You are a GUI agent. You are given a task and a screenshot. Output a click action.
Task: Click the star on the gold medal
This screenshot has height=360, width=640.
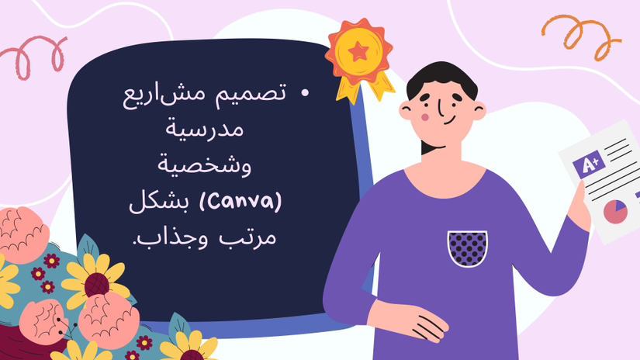[358, 52]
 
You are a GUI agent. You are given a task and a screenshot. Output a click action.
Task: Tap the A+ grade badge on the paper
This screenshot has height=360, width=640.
[589, 164]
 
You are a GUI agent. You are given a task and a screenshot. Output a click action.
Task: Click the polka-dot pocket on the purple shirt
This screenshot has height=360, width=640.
[467, 248]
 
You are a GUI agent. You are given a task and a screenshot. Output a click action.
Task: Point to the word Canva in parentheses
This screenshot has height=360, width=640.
[240, 202]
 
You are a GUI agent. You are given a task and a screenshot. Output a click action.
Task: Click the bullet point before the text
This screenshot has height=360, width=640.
[305, 93]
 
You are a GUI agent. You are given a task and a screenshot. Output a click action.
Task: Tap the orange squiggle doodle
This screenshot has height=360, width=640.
[581, 36]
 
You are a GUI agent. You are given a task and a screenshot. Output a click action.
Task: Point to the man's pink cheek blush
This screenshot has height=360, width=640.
[425, 118]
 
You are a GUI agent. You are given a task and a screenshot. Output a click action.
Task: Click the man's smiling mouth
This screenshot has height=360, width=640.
[449, 121]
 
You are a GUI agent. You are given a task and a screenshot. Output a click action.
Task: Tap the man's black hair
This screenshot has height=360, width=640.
[441, 78]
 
